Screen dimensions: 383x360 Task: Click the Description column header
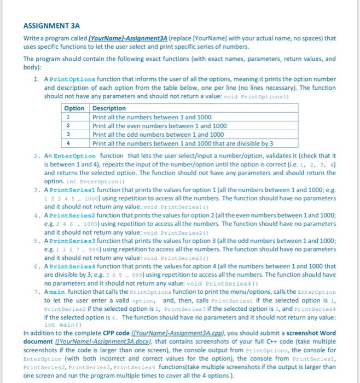tap(109, 108)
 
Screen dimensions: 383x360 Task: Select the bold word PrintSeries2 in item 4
tap(76, 216)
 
